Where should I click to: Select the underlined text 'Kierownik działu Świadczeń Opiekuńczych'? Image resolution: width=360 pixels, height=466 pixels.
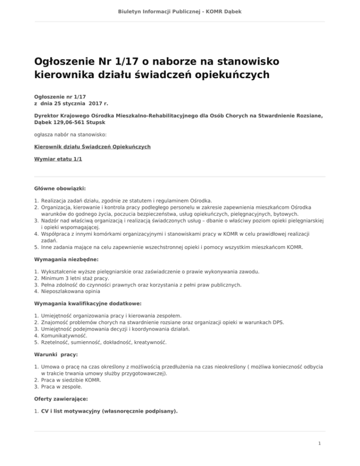pyautogui.click(x=93, y=147)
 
